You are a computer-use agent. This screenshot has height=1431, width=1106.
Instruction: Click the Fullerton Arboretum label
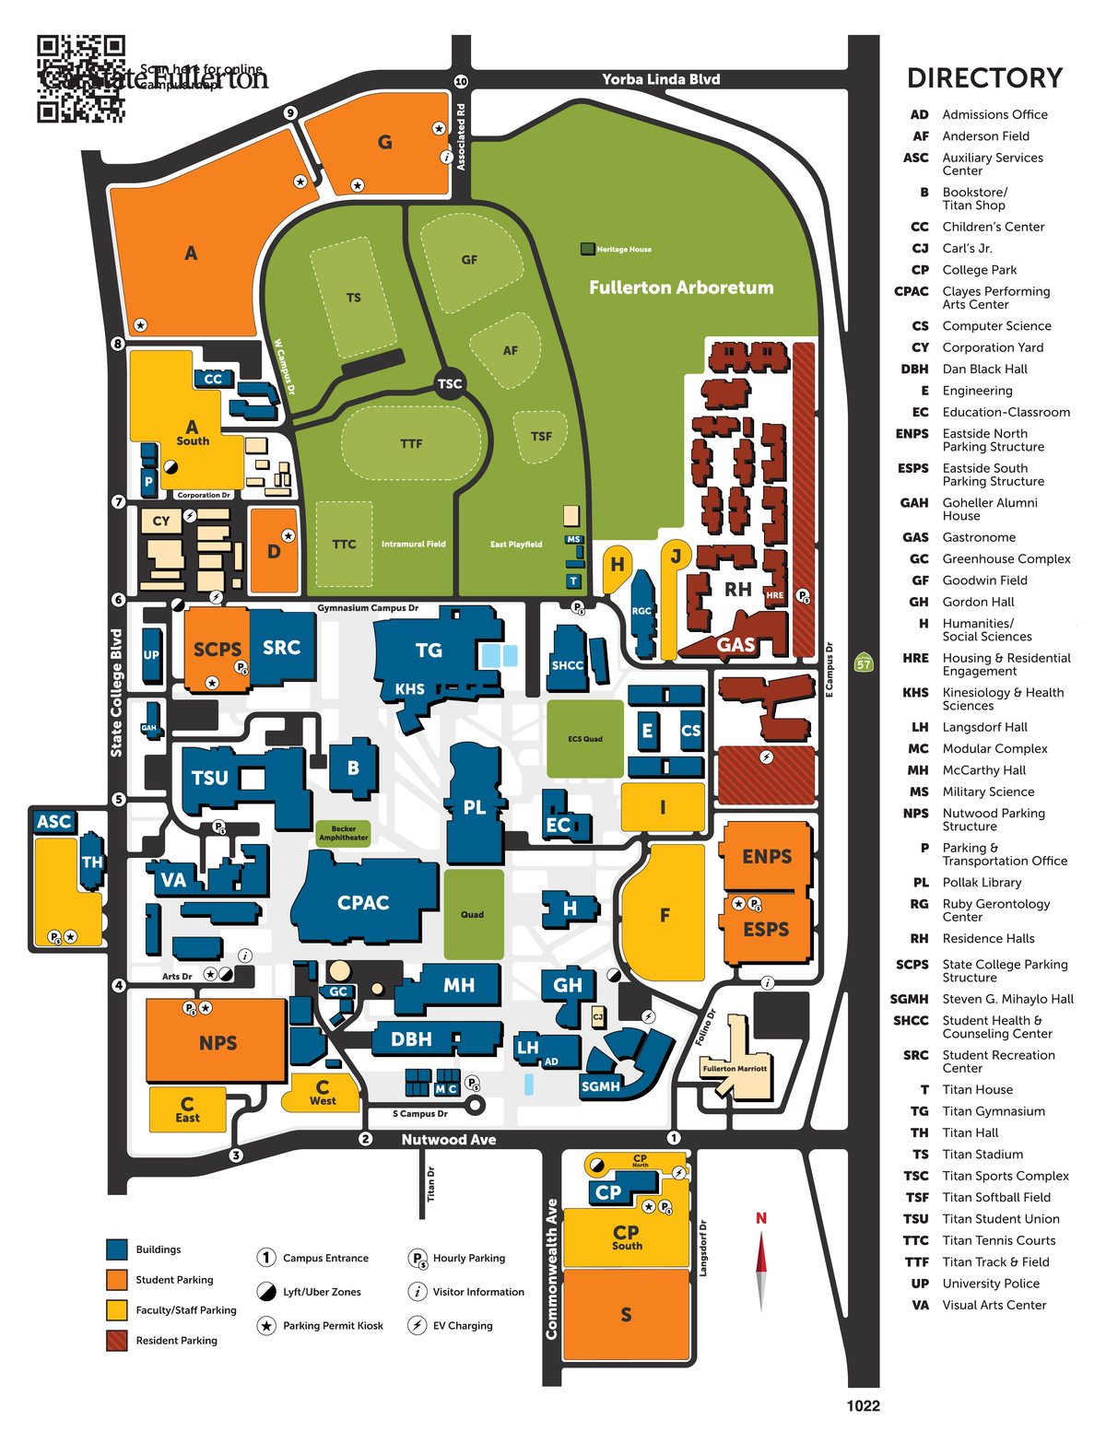click(681, 287)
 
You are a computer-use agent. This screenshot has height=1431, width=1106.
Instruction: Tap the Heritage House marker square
click(587, 249)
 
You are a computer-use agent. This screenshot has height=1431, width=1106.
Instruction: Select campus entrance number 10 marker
click(461, 81)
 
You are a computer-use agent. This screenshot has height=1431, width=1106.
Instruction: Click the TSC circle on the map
click(450, 383)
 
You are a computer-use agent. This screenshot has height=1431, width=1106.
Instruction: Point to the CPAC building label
click(363, 903)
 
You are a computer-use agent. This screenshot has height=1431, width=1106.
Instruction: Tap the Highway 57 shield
click(863, 663)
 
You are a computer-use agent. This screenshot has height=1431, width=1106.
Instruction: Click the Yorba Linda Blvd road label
click(661, 79)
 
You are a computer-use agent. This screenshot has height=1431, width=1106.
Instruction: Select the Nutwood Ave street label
click(448, 1140)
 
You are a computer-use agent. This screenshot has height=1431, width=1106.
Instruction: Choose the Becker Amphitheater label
click(344, 833)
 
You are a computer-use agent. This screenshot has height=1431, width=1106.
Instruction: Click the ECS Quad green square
click(585, 739)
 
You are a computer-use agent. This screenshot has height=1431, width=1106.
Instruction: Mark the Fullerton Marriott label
click(735, 1069)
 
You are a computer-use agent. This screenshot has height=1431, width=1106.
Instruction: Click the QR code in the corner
click(80, 79)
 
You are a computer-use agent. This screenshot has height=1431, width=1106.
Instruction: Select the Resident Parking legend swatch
click(117, 1340)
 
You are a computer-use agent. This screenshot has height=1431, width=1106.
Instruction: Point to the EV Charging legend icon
click(418, 1325)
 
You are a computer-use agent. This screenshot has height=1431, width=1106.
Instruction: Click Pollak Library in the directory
click(982, 882)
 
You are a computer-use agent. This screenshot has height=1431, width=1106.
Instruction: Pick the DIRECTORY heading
click(984, 78)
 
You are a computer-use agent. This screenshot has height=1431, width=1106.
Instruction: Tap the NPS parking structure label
click(218, 1043)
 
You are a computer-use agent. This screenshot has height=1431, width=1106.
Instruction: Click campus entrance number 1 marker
click(674, 1138)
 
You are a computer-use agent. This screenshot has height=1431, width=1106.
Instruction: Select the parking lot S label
click(626, 1315)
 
